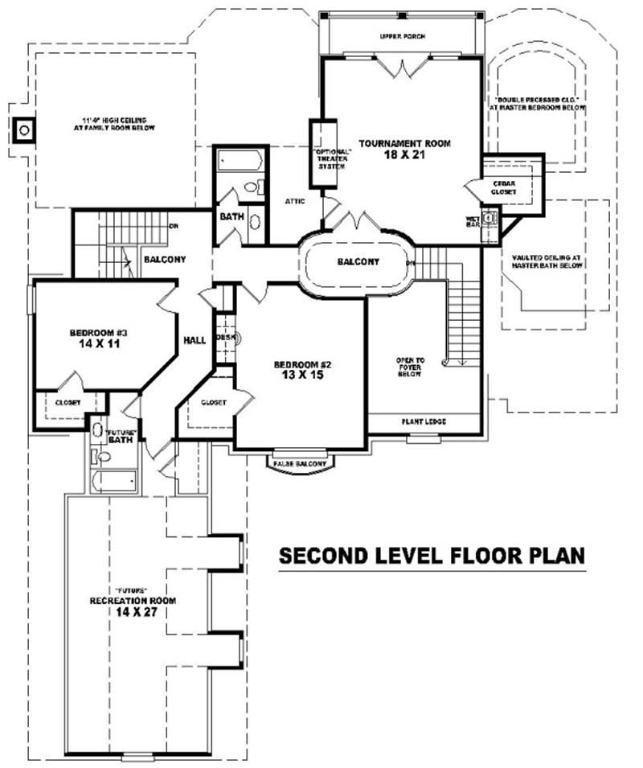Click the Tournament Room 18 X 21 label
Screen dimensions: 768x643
pyautogui.click(x=404, y=149)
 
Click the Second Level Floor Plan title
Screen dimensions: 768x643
pyautogui.click(x=431, y=556)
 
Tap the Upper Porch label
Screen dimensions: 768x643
pyautogui.click(x=403, y=37)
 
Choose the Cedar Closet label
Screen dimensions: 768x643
pyautogui.click(x=505, y=187)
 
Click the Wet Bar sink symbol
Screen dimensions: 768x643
pyautogui.click(x=492, y=216)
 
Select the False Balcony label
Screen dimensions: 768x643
pyautogui.click(x=301, y=464)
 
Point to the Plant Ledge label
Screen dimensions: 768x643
pyautogui.click(x=424, y=421)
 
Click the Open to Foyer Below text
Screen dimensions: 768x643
pyautogui.click(x=410, y=368)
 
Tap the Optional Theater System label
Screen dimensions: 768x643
pyautogui.click(x=325, y=158)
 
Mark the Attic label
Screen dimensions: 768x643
pyautogui.click(x=294, y=200)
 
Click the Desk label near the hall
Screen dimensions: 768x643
pyautogui.click(x=225, y=338)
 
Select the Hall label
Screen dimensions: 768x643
pyautogui.click(x=195, y=340)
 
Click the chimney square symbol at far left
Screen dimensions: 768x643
pyautogui.click(x=25, y=129)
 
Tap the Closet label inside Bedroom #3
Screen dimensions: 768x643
pyautogui.click(x=68, y=402)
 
